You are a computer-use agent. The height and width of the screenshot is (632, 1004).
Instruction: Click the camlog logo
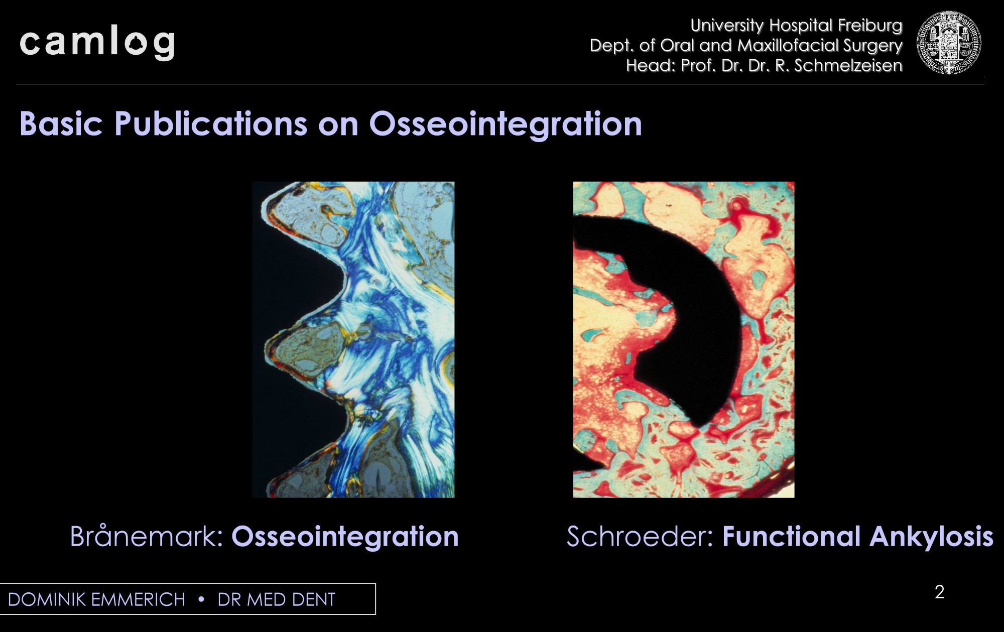click(x=97, y=44)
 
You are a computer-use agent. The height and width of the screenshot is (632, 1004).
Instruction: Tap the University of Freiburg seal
click(x=949, y=43)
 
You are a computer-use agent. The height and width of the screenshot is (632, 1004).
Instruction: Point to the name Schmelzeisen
click(x=848, y=66)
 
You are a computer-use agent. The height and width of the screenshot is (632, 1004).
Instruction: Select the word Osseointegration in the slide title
click(x=506, y=123)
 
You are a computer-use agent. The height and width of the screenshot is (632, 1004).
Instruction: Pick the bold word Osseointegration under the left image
click(x=345, y=536)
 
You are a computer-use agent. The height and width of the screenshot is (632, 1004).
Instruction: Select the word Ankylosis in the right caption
click(x=931, y=536)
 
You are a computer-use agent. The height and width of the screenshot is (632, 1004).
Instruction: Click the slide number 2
click(x=940, y=592)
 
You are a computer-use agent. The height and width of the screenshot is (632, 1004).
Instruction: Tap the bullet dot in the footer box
click(x=201, y=599)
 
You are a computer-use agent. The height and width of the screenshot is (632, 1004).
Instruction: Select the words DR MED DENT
click(x=276, y=599)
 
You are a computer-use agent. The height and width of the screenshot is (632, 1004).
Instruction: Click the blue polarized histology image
click(x=353, y=340)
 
